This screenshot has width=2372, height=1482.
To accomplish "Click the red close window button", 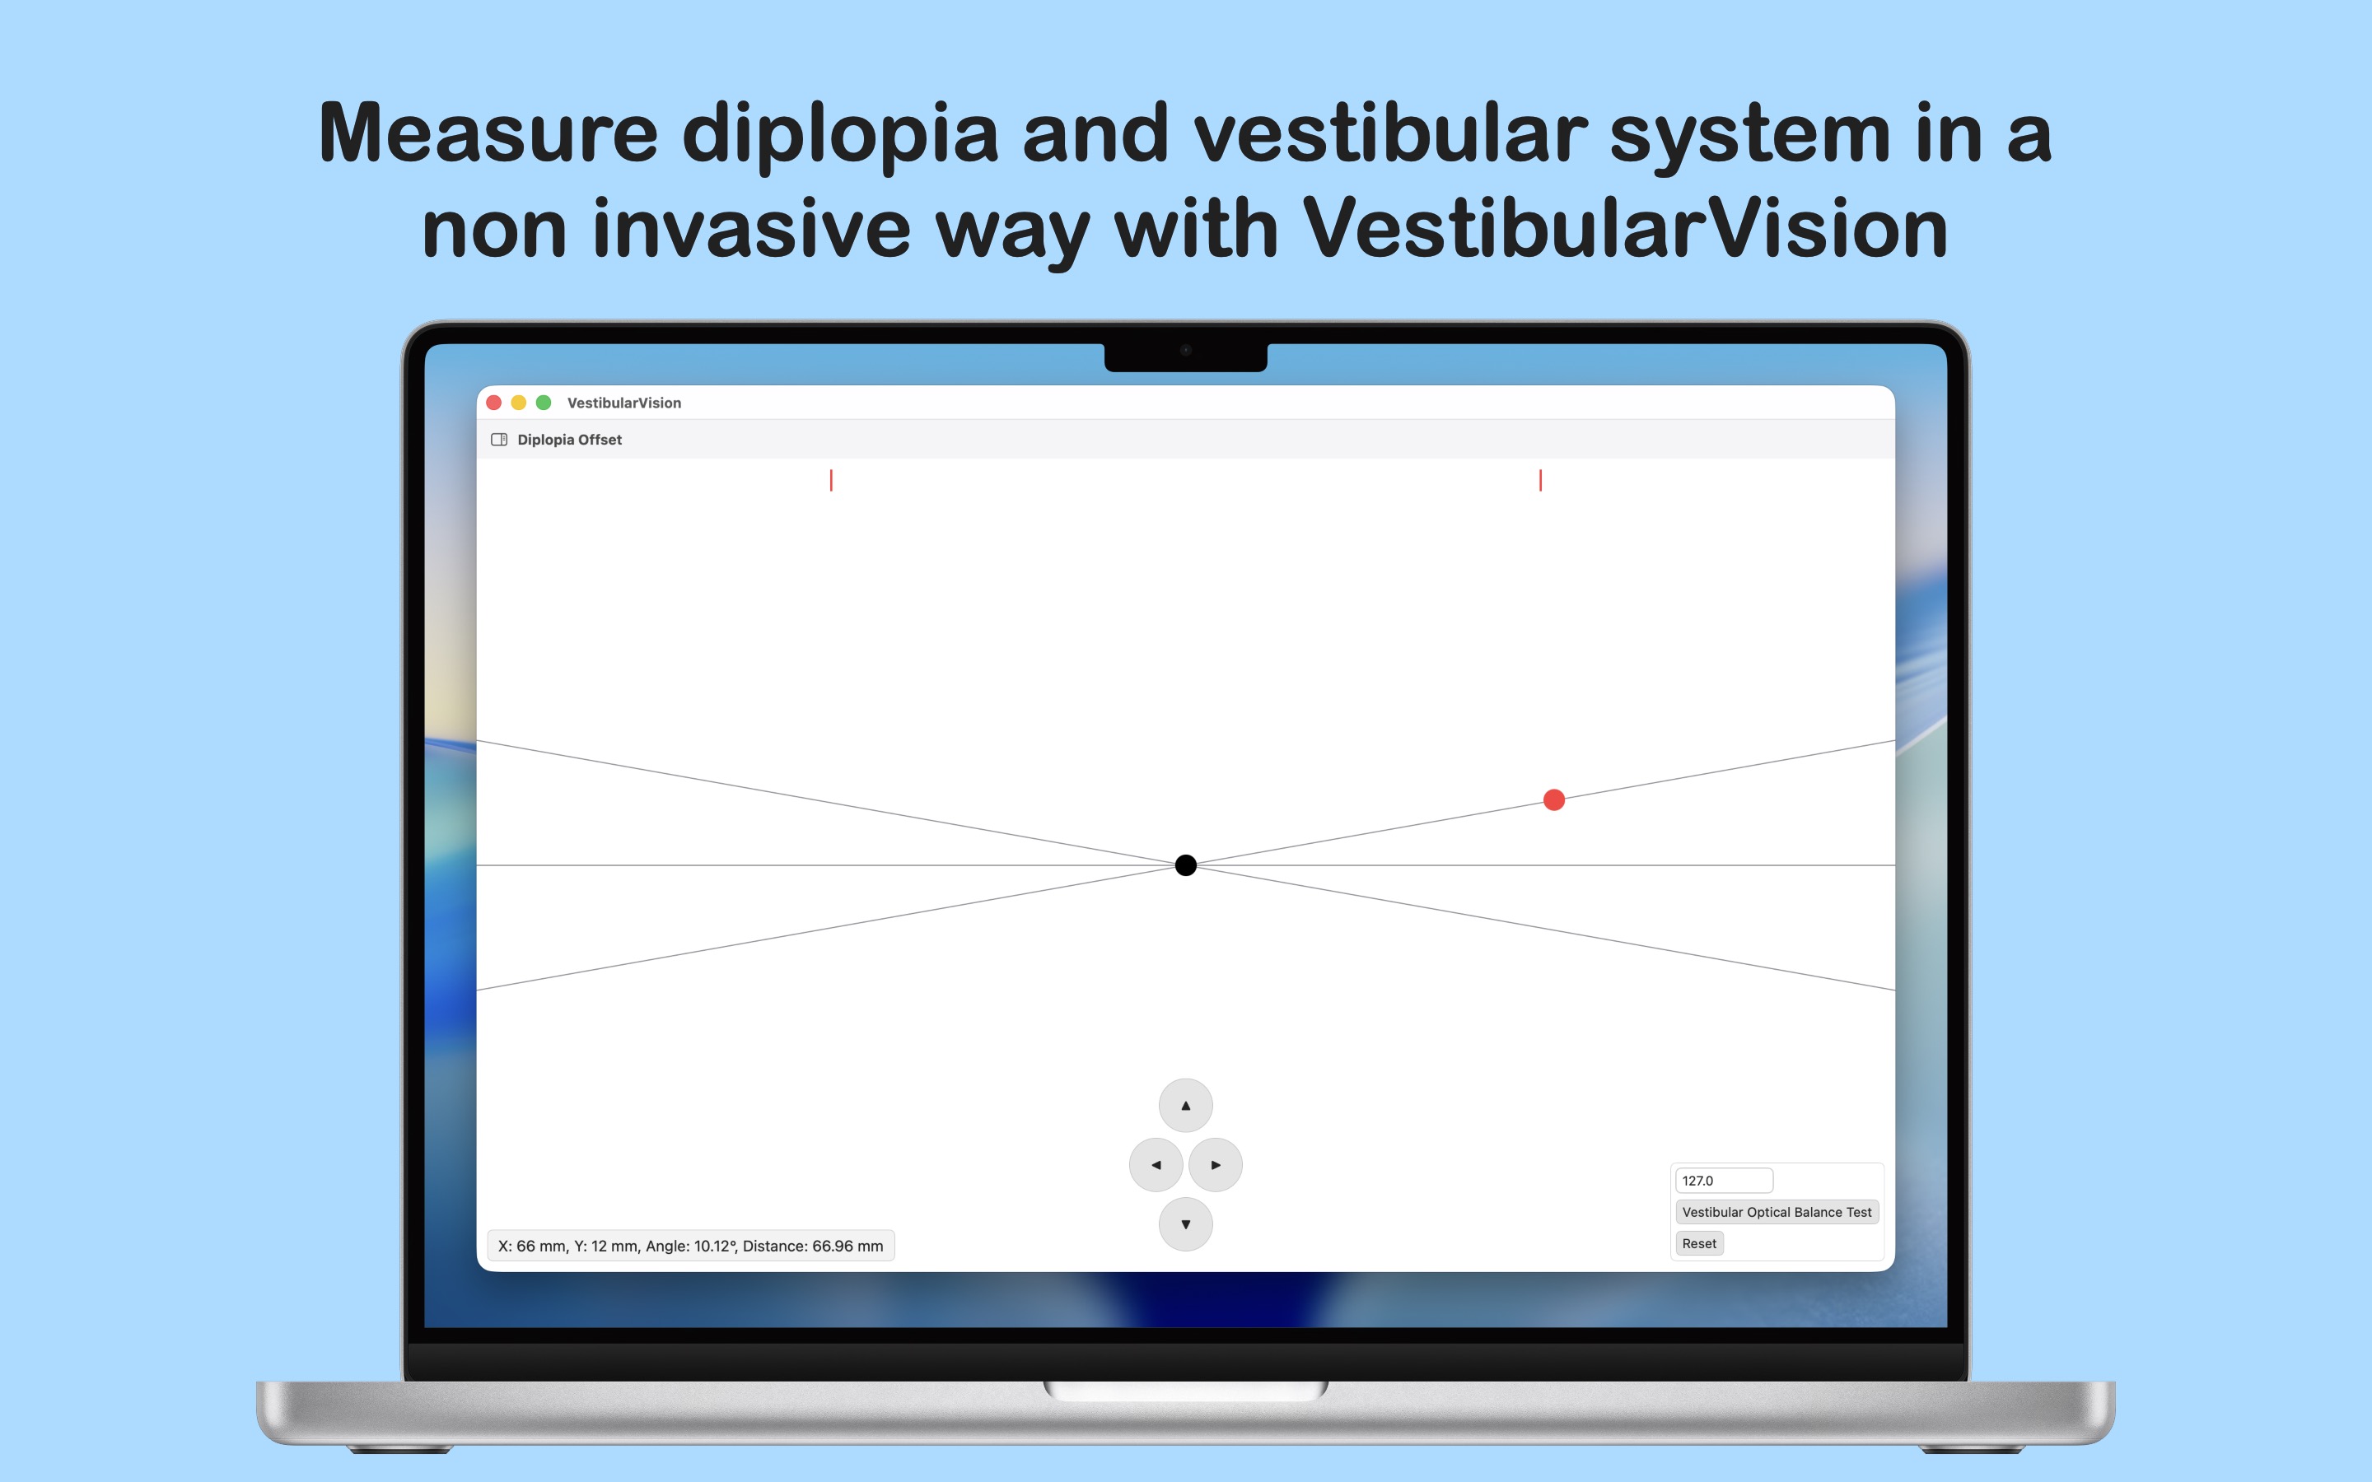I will [494, 403].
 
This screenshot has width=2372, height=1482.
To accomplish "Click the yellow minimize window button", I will [519, 403].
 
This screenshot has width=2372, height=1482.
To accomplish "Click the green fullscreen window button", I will [544, 403].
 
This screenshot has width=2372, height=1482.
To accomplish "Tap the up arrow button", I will [1185, 1106].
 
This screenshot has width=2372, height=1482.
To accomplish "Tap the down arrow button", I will [1185, 1224].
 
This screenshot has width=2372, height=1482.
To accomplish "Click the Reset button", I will [1698, 1244].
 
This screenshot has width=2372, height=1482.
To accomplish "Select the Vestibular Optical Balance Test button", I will [1776, 1213].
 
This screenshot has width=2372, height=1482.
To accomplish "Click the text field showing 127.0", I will [1723, 1181].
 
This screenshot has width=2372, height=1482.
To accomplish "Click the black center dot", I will [1185, 865].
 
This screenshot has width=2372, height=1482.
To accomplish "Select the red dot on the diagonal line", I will [1553, 799].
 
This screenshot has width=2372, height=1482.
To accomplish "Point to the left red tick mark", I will [831, 480].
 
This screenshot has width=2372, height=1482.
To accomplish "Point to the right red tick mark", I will [1540, 480].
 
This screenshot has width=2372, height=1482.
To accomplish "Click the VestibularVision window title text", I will [623, 403].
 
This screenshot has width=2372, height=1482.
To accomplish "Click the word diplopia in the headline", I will [840, 134].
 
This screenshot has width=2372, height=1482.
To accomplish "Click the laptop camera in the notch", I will [1185, 350].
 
